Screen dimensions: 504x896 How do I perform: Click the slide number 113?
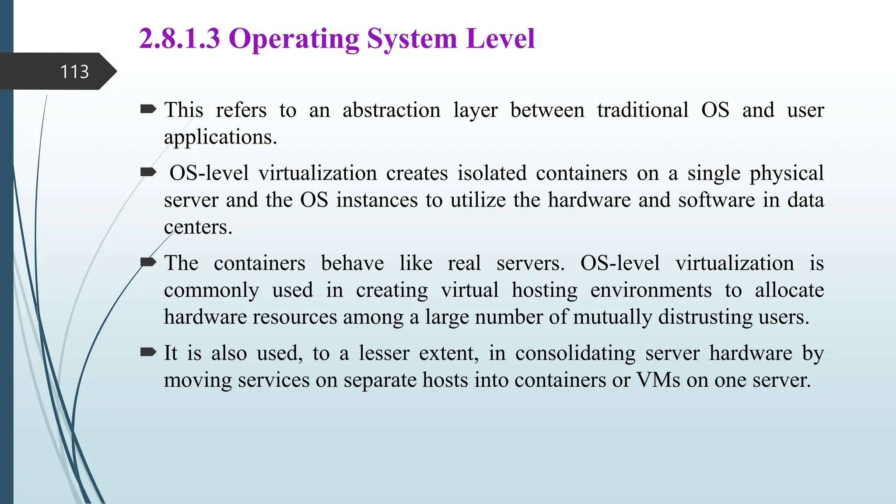pyautogui.click(x=74, y=72)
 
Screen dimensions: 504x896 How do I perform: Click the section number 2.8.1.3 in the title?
pyautogui.click(x=179, y=38)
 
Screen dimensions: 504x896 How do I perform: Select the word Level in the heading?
pyautogui.click(x=500, y=38)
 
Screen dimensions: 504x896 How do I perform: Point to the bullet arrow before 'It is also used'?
pyautogui.click(x=148, y=352)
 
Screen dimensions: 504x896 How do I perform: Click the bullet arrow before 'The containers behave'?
pyautogui.click(x=148, y=262)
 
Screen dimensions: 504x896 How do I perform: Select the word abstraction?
pyautogui.click(x=391, y=110)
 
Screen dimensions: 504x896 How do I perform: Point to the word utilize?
pyautogui.click(x=478, y=200)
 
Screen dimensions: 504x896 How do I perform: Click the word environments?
pyautogui.click(x=651, y=290)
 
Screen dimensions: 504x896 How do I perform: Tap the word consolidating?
pyautogui.click(x=575, y=353)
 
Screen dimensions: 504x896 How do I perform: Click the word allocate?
pyautogui.click(x=789, y=290)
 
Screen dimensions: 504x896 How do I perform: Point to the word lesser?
pyautogui.click(x=384, y=353)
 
